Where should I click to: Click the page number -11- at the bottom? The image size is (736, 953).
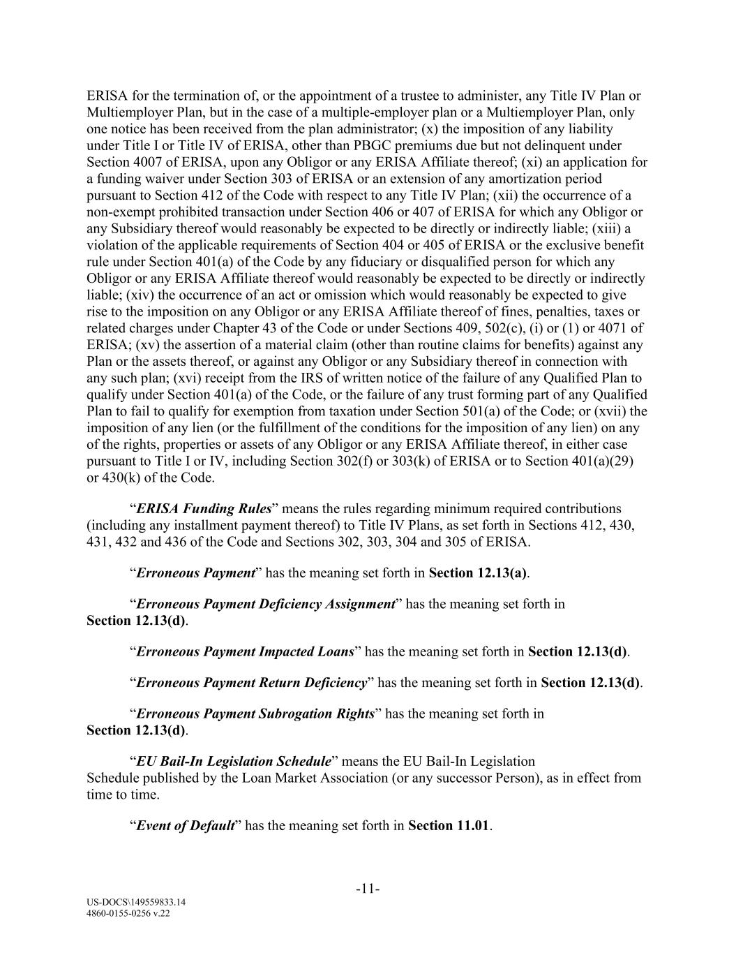tap(368, 889)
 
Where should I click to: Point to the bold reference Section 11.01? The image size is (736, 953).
tap(449, 826)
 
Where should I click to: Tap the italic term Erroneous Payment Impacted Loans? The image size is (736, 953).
tap(245, 651)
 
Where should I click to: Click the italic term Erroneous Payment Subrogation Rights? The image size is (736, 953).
tap(255, 714)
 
